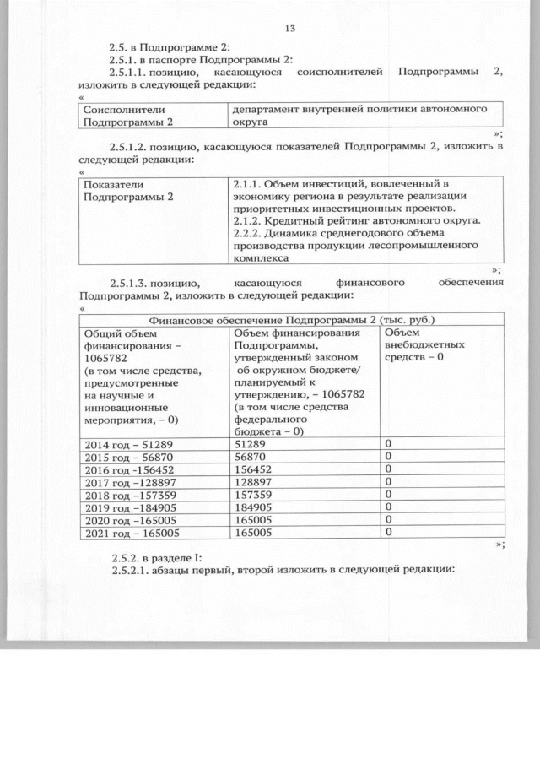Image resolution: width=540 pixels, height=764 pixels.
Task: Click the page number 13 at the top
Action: (290, 30)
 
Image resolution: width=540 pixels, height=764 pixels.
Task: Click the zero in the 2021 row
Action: (388, 533)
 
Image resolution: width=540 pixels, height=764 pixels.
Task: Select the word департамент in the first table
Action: (270, 110)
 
